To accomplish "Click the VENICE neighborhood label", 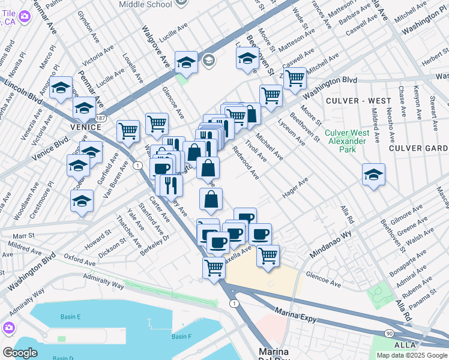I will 83,127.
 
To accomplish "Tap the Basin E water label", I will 70,316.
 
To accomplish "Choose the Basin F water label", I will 181,337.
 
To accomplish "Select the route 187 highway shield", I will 103,112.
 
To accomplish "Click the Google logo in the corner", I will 20,353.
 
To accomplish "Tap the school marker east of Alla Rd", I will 373,175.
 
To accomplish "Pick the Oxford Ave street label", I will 80,263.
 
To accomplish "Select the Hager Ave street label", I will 295,187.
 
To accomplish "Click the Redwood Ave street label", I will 246,163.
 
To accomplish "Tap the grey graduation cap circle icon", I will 208,59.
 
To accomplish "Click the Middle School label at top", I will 145,4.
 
